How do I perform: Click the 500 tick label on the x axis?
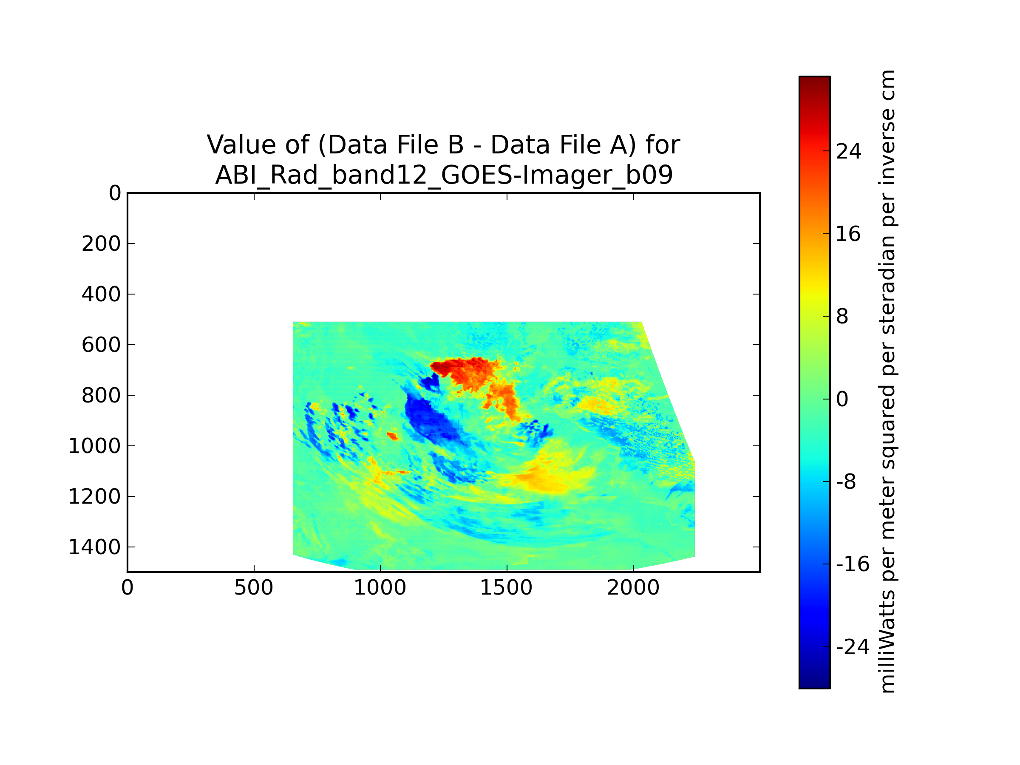point(254,588)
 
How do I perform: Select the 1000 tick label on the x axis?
point(380,588)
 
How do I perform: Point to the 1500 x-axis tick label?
point(506,588)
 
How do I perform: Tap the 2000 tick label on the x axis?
point(633,588)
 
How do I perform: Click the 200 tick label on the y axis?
point(102,244)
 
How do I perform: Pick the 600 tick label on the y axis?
point(102,345)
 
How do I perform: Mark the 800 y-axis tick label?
point(102,396)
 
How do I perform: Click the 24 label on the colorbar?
point(848,151)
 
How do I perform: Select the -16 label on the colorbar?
point(853,564)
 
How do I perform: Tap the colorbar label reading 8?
point(842,316)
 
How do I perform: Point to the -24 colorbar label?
point(853,647)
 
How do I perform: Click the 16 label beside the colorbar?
point(848,234)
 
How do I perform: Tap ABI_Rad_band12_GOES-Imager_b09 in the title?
point(444,175)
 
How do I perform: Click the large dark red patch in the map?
point(470,371)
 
